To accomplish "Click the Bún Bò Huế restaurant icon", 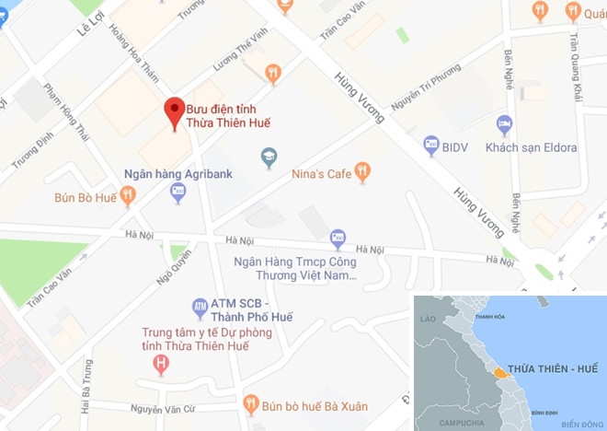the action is click(x=128, y=195).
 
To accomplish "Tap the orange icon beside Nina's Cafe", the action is click(x=363, y=170).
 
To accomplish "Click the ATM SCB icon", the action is click(x=199, y=305).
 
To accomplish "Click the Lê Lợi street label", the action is click(x=86, y=35).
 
